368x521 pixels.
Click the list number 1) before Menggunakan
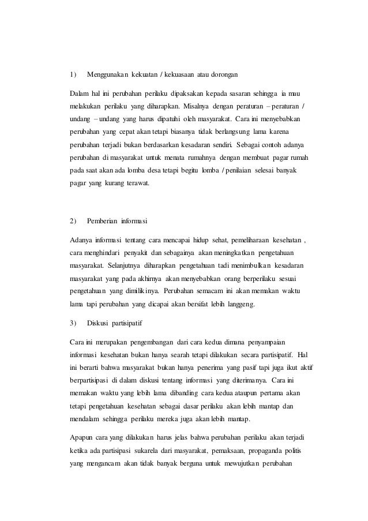click(x=72, y=75)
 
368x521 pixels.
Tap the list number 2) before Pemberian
click(x=72, y=220)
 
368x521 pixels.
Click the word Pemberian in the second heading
click(x=102, y=220)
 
